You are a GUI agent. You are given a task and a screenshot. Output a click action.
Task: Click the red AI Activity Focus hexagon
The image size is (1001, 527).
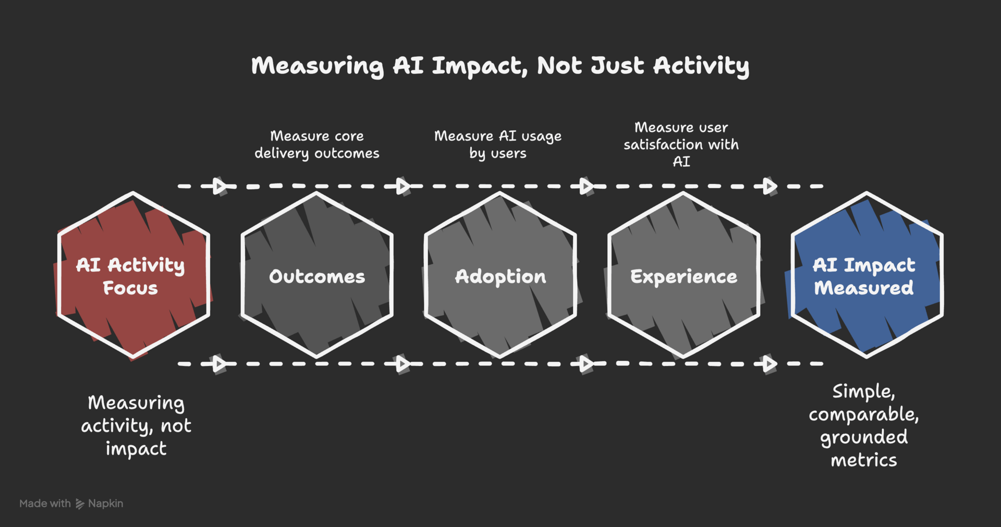pos(133,275)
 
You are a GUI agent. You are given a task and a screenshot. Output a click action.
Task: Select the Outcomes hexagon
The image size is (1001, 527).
pos(316,276)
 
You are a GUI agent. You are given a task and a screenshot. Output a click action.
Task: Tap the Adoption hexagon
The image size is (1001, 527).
pos(500,276)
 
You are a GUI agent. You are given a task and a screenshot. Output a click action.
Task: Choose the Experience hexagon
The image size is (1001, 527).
pos(683,276)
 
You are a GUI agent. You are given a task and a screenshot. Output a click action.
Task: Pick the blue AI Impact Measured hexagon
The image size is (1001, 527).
pos(866,275)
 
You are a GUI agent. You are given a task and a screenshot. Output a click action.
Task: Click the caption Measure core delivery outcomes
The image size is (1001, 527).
pos(316,144)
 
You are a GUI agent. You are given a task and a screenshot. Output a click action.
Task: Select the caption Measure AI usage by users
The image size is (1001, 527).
pos(498,144)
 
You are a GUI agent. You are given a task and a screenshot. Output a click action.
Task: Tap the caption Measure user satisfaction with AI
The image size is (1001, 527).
pos(681,144)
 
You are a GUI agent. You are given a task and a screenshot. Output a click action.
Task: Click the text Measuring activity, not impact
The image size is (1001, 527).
pos(136,425)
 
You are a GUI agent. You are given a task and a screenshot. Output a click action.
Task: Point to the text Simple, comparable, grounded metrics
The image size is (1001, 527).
pos(864,425)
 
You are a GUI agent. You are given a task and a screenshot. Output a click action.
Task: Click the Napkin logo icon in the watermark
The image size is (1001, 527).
pos(80,504)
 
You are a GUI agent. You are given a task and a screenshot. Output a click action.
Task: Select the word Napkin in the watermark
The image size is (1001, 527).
pos(105,504)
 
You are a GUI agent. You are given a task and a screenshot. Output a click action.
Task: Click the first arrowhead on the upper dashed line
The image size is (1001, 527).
pos(220,186)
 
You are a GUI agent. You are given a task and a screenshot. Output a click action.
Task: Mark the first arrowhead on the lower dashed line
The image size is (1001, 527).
pos(220,363)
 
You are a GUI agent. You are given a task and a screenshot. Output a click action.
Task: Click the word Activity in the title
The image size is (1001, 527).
pos(701,66)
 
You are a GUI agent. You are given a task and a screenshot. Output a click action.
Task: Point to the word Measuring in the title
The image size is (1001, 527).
pos(317,66)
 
